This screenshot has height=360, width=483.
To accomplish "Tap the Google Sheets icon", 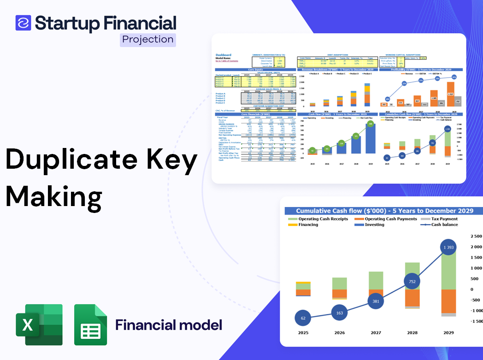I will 90,325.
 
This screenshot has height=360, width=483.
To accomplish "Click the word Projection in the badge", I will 148,39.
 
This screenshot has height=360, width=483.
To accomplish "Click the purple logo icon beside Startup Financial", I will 23,23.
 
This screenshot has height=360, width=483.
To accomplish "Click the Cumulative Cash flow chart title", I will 384,211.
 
